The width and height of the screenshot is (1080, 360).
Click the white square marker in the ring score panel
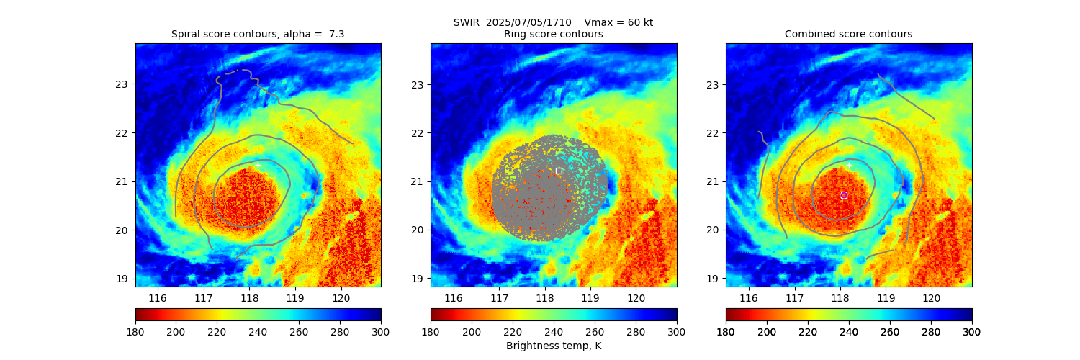point(559,171)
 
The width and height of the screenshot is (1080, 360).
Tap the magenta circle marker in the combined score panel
point(844,195)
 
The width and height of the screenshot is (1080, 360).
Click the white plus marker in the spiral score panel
point(258,165)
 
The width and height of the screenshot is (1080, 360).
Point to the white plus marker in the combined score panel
point(849,165)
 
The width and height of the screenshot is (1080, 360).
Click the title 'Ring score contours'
point(553,34)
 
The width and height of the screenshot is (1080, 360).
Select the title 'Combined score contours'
point(848,34)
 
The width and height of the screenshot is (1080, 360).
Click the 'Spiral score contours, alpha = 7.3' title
point(258,34)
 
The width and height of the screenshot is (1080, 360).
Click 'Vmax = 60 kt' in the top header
point(619,22)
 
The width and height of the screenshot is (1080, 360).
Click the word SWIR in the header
point(466,22)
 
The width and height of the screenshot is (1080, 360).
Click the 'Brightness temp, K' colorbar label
point(553,346)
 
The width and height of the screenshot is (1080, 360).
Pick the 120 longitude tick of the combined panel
point(932,298)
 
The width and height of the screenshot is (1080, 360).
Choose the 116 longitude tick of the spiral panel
point(158,298)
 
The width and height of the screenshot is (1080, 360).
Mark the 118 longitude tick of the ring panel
point(544,298)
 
